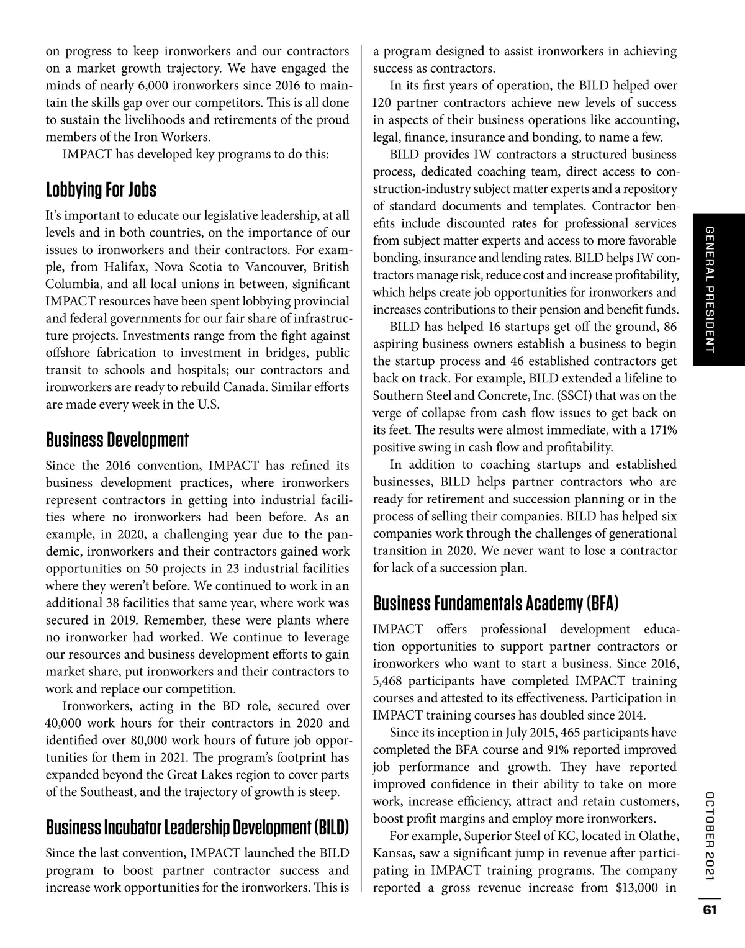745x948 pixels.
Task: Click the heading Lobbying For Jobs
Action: click(x=101, y=189)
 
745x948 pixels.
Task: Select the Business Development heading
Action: click(x=117, y=440)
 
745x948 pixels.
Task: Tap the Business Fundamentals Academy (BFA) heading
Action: click(x=496, y=603)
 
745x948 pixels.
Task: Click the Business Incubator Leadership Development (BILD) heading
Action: click(x=197, y=828)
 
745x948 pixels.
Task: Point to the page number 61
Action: click(x=710, y=911)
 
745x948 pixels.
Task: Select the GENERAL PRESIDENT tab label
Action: click(x=711, y=290)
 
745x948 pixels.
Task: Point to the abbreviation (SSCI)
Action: click(x=575, y=395)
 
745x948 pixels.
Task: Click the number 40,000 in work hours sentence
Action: click(x=64, y=723)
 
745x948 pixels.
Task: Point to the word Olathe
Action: click(x=657, y=836)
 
